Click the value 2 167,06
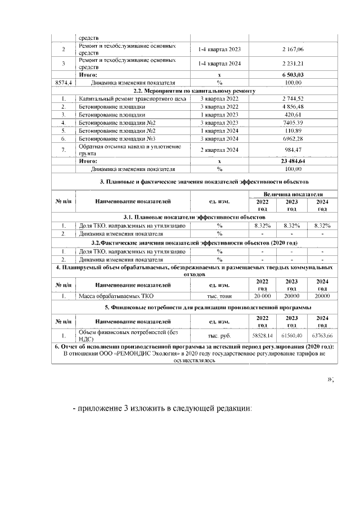pyautogui.click(x=292, y=49)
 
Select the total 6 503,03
pyautogui.click(x=292, y=74)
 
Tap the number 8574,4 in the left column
pyautogui.click(x=62, y=82)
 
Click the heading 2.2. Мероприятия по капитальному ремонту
pyautogui.click(x=194, y=90)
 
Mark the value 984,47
pyautogui.click(x=292, y=149)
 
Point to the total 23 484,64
pyautogui.click(x=292, y=160)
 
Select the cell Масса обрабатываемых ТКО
pyautogui.click(x=116, y=295)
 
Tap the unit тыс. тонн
pyautogui.click(x=219, y=295)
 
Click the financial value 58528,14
pyautogui.click(x=262, y=335)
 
